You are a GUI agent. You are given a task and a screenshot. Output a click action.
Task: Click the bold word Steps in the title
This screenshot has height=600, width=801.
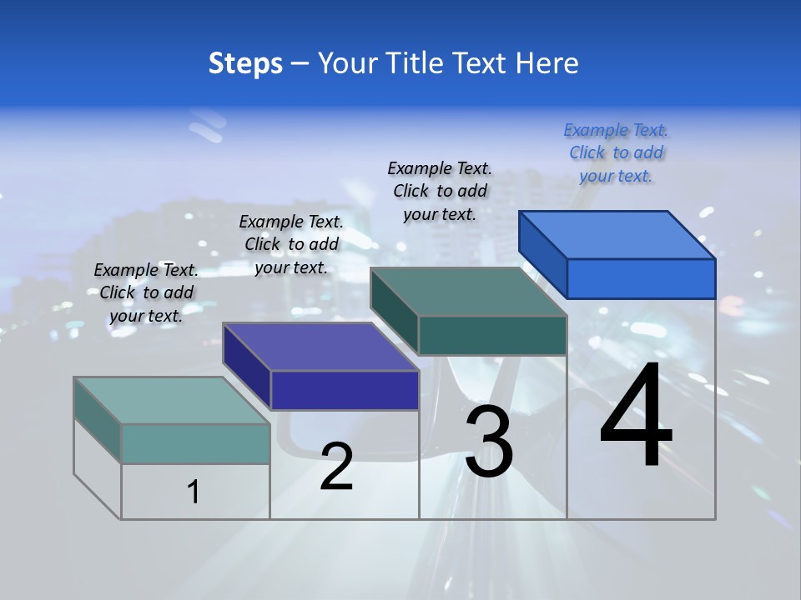pos(245,63)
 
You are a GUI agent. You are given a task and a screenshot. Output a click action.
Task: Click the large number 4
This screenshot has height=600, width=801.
pos(636,417)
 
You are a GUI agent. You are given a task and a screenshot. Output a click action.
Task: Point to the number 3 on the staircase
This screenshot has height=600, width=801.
pos(489,442)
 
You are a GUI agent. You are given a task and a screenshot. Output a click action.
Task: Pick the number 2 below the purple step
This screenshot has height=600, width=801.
pos(336,467)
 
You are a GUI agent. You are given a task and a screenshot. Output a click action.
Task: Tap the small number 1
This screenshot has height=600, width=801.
pos(194,492)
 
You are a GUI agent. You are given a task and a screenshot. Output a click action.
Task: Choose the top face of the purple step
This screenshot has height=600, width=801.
pos(320,347)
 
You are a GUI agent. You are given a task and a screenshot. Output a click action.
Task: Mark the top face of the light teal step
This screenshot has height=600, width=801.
pos(172,401)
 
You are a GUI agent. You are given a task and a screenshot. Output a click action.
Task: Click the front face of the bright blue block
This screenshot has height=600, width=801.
pos(641,278)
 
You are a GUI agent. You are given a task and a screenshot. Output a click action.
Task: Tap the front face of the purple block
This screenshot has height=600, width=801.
pos(345,390)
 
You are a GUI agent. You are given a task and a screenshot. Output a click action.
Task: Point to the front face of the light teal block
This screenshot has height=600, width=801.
pos(195,443)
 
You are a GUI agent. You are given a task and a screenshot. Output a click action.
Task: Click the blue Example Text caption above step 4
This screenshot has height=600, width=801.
pos(616,152)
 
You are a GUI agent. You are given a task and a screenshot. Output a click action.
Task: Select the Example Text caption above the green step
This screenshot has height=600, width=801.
pos(440,191)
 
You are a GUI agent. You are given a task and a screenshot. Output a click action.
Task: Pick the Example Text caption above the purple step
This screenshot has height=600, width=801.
pos(291,244)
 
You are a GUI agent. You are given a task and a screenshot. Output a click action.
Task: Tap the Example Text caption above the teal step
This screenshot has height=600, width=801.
pos(146,292)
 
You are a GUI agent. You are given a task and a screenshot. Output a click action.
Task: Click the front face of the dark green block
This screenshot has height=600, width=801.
pos(492,335)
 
